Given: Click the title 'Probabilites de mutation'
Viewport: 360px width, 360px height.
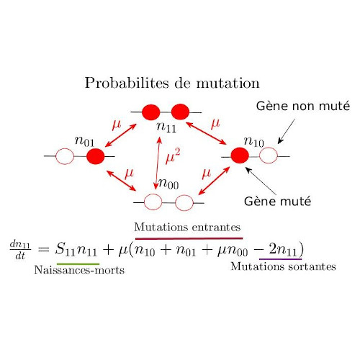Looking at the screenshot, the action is click(172, 83).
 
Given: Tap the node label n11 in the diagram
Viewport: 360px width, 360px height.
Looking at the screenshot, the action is click(166, 127).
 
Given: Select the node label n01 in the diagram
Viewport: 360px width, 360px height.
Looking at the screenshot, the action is click(84, 141).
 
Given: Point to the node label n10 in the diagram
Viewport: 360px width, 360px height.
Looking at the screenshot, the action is click(253, 141).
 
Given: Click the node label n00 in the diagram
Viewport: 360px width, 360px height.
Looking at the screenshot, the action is click(168, 184).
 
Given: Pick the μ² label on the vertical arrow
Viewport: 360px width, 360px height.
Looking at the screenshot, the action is click(173, 156).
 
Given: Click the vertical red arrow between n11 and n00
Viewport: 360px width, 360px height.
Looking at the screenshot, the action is click(158, 163).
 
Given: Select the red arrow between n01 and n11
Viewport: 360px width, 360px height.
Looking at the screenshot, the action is click(121, 135).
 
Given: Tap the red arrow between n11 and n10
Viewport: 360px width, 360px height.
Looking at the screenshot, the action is click(206, 133).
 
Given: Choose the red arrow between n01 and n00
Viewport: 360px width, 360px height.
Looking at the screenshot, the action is click(121, 181).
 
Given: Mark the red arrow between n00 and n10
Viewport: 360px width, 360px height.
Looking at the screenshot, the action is click(214, 181).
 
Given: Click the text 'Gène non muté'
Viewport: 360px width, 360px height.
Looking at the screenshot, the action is click(303, 106).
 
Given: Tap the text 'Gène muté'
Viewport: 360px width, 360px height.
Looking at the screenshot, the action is click(277, 201).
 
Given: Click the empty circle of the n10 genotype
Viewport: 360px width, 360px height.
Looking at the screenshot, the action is click(269, 156).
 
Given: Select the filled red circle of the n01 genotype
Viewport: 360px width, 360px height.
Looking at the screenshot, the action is click(96, 156).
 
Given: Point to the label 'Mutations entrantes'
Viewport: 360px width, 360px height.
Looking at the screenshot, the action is click(187, 227).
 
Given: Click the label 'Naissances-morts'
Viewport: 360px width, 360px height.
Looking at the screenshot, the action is click(79, 270).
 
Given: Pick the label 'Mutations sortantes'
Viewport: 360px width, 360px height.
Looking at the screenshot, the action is click(283, 266).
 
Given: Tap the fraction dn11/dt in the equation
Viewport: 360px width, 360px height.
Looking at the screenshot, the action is click(20, 251).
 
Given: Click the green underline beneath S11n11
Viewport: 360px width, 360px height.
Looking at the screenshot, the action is click(78, 264).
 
